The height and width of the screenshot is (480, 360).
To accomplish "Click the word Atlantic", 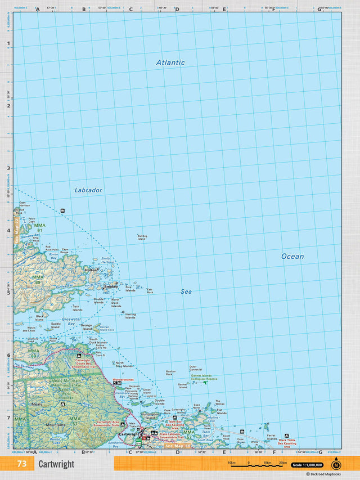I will pos(170,62).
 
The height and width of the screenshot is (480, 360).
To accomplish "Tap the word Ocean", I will pos(292,256).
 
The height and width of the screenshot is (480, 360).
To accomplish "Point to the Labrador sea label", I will pos(88,190).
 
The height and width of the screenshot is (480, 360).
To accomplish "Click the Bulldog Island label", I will pos(142,237).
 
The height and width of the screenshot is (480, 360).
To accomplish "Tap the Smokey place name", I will pos(111,286).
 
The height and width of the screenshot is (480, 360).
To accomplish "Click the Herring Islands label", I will pos(130,316).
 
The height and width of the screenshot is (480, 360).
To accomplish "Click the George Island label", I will pos(86,327).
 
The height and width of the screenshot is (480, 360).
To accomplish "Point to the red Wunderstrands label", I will pos(124,380).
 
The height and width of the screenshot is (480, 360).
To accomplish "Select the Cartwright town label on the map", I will pos(129,434).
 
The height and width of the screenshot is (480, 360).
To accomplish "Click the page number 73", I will pos(22,464).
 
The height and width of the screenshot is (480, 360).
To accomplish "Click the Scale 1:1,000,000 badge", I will pos(307,465).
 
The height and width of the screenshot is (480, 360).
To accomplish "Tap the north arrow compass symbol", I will pos(336,464).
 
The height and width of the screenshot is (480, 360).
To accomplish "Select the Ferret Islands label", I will pos(272,437).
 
